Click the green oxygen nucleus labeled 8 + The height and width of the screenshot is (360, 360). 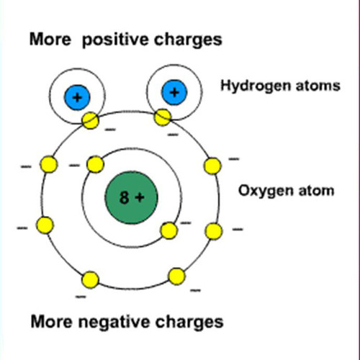coord(131,197)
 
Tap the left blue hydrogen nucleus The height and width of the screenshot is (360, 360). coord(77,97)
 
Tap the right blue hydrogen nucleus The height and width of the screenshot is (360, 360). coord(174,92)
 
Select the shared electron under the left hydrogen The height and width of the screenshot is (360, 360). coord(90,120)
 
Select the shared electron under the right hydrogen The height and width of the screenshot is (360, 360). coord(163,117)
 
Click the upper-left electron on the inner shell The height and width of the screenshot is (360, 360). coord(95,164)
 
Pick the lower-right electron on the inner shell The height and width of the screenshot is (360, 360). coord(169,230)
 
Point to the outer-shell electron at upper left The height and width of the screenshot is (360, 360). coord(49,164)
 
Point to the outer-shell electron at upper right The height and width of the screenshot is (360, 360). coord(212,166)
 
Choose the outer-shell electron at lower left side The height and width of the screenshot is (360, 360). coord(45,225)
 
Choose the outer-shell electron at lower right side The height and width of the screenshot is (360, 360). coord(214,231)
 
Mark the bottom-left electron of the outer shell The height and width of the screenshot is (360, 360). coord(90,280)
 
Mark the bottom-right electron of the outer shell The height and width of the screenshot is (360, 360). coord(176,276)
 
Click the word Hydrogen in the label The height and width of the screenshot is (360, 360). coord(256,86)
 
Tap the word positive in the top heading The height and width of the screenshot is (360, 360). coord(116,40)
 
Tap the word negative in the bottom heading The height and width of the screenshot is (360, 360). coord(114,323)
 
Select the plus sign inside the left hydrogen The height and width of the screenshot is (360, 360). coord(77,97)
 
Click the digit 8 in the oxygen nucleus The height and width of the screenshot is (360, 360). coord(124,197)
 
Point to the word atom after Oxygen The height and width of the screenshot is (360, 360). coord(316,191)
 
